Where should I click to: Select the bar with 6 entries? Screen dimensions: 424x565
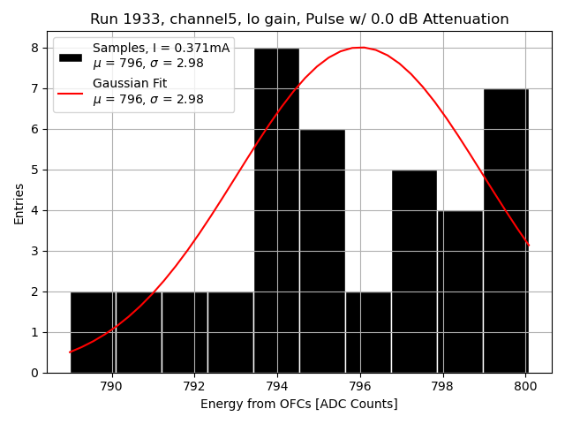(x=322, y=251)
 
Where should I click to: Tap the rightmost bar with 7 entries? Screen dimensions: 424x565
(x=506, y=231)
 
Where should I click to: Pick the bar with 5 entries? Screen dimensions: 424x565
(x=414, y=271)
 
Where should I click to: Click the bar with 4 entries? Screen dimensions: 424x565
(x=460, y=291)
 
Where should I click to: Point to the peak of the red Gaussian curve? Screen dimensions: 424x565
(x=360, y=48)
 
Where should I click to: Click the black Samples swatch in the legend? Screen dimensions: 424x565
(x=71, y=57)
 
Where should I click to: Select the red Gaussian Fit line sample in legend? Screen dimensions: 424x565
(x=71, y=92)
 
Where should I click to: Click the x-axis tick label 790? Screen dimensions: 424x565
(x=111, y=386)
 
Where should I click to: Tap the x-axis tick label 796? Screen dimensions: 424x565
(x=360, y=386)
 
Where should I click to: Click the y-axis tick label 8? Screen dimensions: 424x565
(x=34, y=48)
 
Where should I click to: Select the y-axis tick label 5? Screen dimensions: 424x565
(x=34, y=170)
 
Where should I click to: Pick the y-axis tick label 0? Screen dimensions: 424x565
(x=34, y=373)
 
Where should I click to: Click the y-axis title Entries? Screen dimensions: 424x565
(x=19, y=203)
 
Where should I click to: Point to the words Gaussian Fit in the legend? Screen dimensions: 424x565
(x=130, y=84)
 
